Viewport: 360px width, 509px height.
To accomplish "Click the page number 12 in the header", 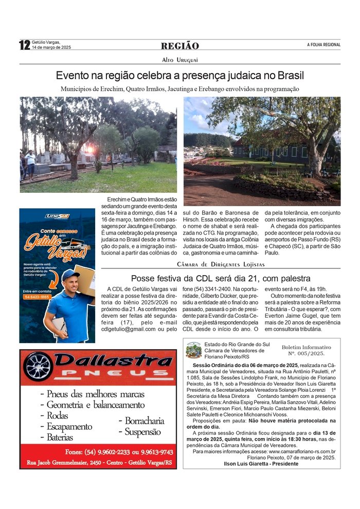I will pyautogui.click(x=24, y=45).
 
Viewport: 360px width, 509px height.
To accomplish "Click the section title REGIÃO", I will pyautogui.click(x=179, y=46).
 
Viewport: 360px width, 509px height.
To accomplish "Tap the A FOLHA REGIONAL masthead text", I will pyautogui.click(x=323, y=45).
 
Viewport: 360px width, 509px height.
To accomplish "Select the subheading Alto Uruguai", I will pyautogui.click(x=179, y=60).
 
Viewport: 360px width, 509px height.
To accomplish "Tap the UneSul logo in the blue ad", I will pyautogui.click(x=57, y=216).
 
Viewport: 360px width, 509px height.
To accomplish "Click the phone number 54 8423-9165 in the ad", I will pyautogui.click(x=37, y=297).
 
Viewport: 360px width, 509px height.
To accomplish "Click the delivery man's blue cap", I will pyautogui.click(x=70, y=274).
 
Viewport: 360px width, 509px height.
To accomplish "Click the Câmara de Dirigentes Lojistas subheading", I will pyautogui.click(x=221, y=264).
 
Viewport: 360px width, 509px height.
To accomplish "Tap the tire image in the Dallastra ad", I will pyautogui.click(x=38, y=366).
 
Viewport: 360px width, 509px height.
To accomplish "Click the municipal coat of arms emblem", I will pyautogui.click(x=193, y=350).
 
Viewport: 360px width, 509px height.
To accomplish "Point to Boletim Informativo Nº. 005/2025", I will pyautogui.click(x=306, y=350).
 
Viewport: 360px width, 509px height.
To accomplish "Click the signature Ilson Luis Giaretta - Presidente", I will pyautogui.click(x=262, y=463).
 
